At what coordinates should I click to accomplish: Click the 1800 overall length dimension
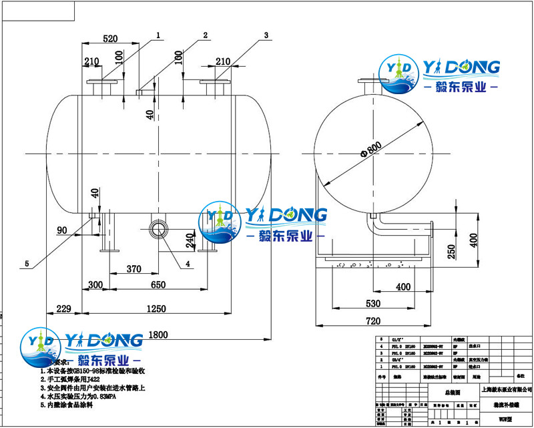pyautogui.click(x=158, y=335)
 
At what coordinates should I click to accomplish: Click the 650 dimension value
pyautogui.click(x=158, y=285)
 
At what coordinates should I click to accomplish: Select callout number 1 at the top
pyautogui.click(x=159, y=33)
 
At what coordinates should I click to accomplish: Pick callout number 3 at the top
pyautogui.click(x=266, y=35)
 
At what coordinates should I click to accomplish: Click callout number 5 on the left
pyautogui.click(x=27, y=264)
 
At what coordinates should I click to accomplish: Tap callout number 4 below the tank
pyautogui.click(x=188, y=264)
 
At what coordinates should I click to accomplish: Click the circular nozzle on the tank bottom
pyautogui.click(x=159, y=228)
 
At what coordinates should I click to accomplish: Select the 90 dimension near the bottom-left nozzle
pyautogui.click(x=62, y=230)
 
